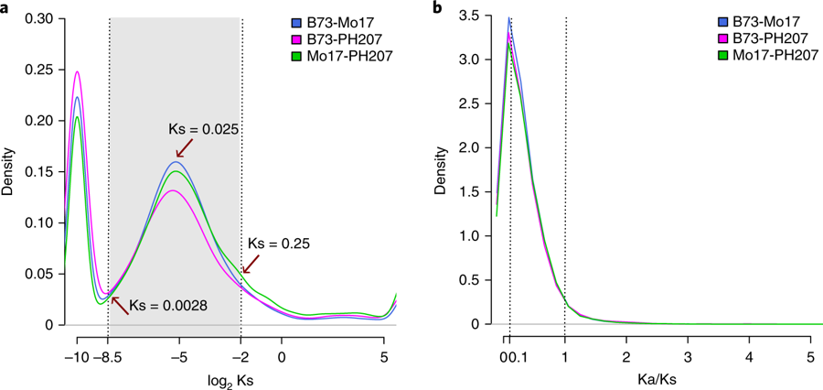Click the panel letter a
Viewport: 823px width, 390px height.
click(6, 8)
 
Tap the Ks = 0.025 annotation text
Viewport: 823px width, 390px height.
click(203, 129)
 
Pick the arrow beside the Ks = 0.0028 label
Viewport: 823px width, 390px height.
click(116, 298)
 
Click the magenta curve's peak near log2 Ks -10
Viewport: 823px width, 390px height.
click(78, 71)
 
